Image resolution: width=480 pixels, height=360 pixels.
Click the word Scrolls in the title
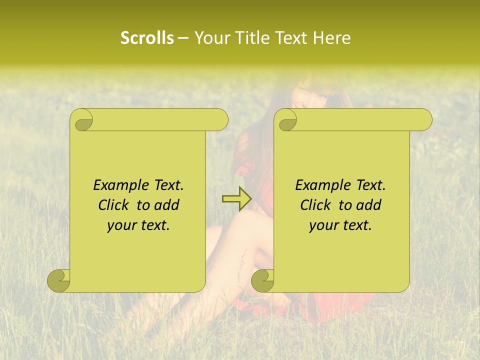click(147, 38)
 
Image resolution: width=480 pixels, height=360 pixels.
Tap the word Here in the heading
click(331, 38)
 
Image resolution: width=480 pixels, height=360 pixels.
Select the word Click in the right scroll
click(315, 205)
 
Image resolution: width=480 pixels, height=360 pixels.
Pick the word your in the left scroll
click(120, 225)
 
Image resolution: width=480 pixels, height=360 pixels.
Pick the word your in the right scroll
click(322, 225)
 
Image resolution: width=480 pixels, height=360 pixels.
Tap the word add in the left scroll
click(167, 205)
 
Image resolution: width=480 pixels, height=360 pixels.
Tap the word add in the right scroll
click(369, 205)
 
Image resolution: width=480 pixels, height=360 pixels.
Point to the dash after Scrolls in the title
click(183, 38)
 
